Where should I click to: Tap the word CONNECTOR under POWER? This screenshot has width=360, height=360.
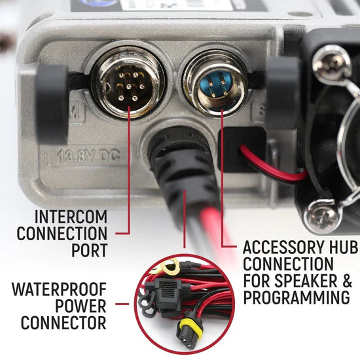point(63,322)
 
